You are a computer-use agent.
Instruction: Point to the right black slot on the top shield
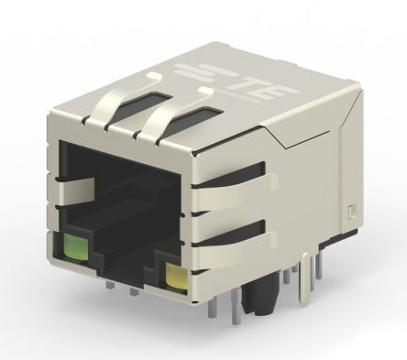click(197, 117)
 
